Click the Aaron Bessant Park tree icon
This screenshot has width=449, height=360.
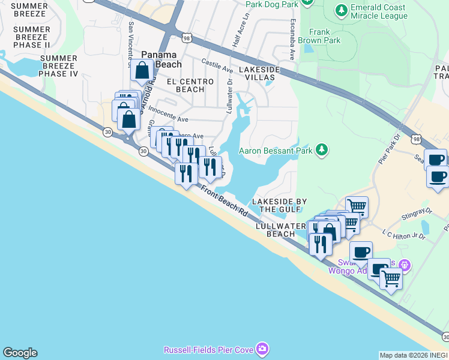322,149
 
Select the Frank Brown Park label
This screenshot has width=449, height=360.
324,37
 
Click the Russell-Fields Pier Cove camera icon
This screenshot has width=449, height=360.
262,349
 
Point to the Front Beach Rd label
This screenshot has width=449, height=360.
224,202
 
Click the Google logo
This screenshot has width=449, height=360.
20,353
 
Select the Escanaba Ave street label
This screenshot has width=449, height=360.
291,46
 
